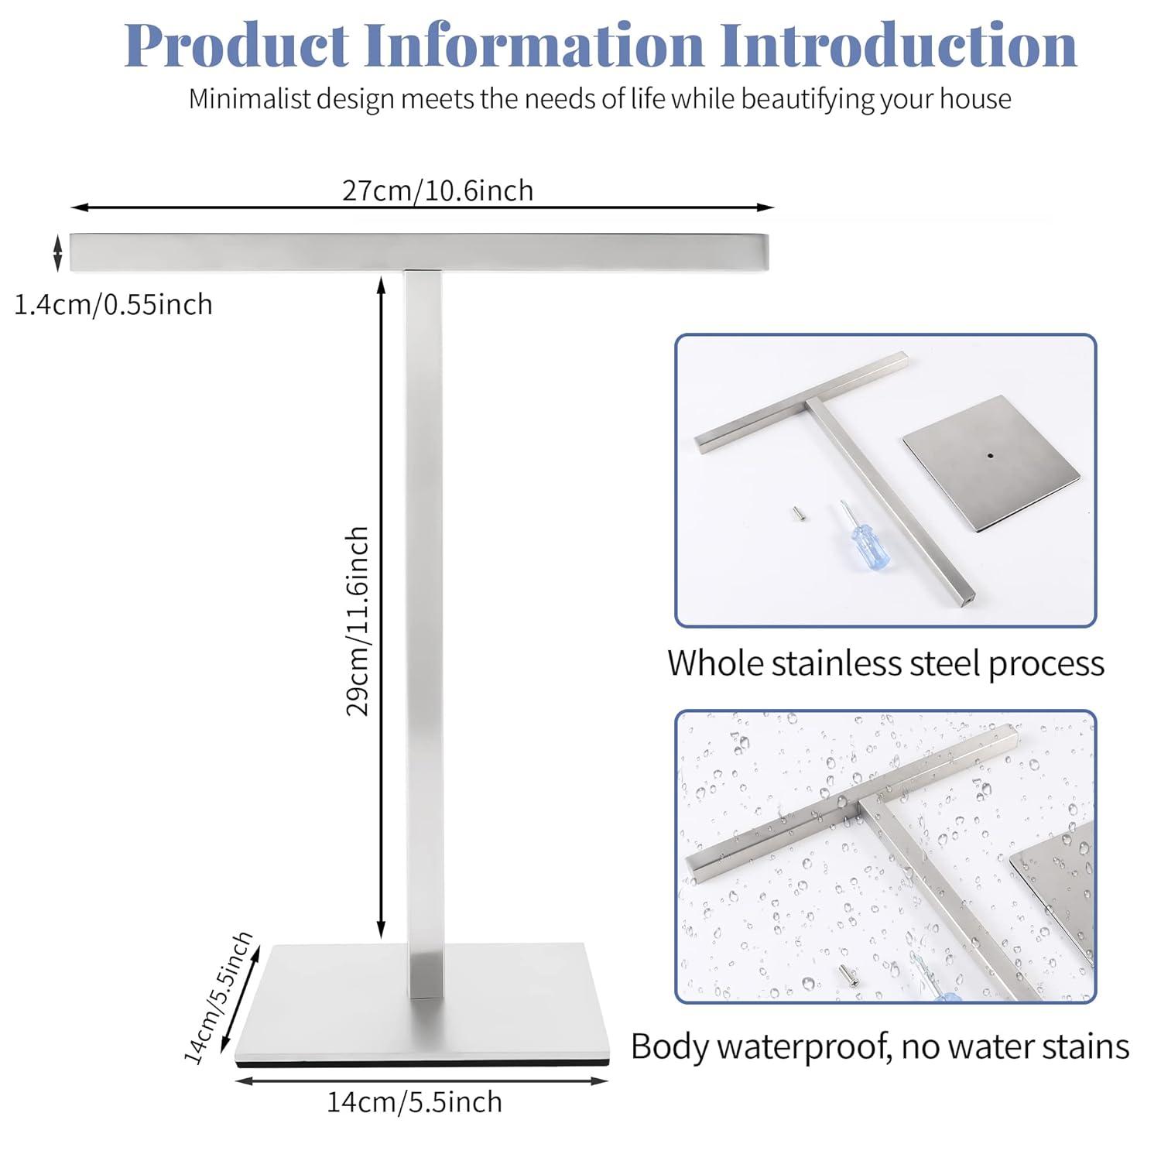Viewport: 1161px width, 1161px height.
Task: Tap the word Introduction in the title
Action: pos(899,46)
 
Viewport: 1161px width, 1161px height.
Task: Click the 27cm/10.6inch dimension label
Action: pos(438,190)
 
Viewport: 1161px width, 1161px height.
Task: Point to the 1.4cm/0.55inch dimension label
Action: pos(113,305)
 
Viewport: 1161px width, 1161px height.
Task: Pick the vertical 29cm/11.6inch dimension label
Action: pos(358,622)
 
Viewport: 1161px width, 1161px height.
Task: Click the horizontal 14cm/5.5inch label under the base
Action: pos(414,1101)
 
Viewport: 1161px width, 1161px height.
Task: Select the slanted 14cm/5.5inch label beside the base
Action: pos(218,998)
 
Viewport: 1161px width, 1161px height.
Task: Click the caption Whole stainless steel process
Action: pos(885,664)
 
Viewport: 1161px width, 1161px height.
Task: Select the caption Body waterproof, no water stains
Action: pos(880,1046)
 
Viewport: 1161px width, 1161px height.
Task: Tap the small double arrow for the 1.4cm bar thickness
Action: pos(58,253)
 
